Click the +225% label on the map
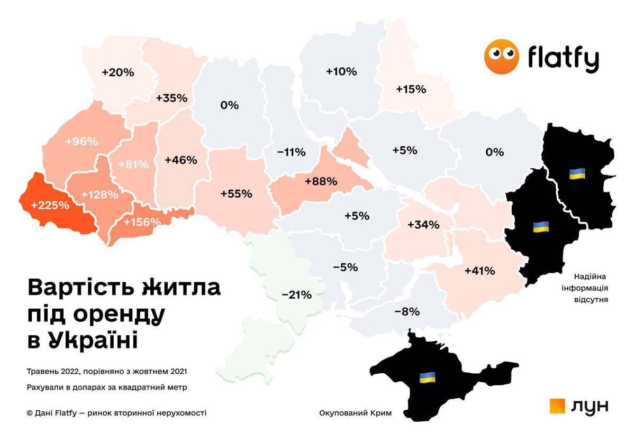[x=50, y=205]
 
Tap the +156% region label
[x=142, y=222]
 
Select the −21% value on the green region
[x=296, y=295]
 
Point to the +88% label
[x=321, y=181]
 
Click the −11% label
[x=291, y=152]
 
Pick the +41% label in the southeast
[x=479, y=271]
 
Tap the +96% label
[x=81, y=142]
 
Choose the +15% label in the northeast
[x=411, y=89]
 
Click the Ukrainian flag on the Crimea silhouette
[x=428, y=377]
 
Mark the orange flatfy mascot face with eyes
[x=502, y=56]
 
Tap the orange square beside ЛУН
[x=558, y=406]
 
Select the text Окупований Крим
[x=356, y=413]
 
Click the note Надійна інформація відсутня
[x=591, y=288]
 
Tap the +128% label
[x=100, y=194]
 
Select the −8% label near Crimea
[x=407, y=311]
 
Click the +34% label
[x=423, y=224]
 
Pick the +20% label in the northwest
[x=117, y=72]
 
